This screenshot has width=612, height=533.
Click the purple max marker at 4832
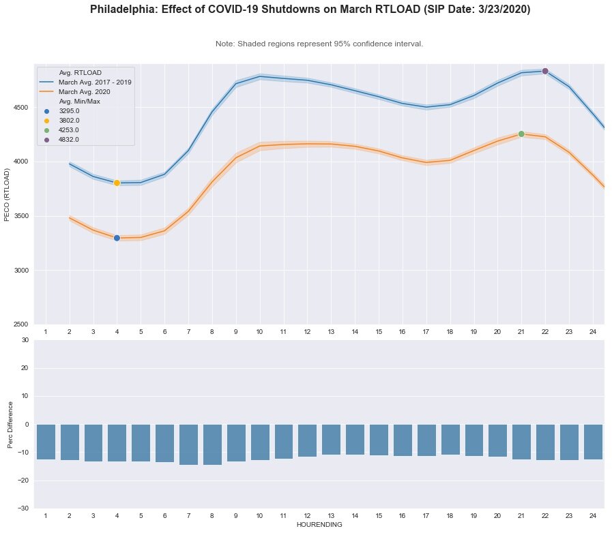pyautogui.click(x=545, y=71)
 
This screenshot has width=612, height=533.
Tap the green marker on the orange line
pyautogui.click(x=521, y=134)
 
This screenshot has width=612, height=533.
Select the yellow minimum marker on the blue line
pyautogui.click(x=117, y=183)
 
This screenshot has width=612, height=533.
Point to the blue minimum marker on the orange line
pyautogui.click(x=117, y=238)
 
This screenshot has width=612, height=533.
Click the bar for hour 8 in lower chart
pyautogui.click(x=212, y=444)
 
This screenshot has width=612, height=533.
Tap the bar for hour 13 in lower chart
pyautogui.click(x=331, y=440)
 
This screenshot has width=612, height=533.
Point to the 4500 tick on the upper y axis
pyautogui.click(x=19, y=108)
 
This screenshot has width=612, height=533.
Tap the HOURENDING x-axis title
pyautogui.click(x=319, y=525)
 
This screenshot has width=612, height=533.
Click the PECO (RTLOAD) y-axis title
pyautogui.click(x=8, y=194)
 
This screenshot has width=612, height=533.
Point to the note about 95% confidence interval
pyautogui.click(x=319, y=44)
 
